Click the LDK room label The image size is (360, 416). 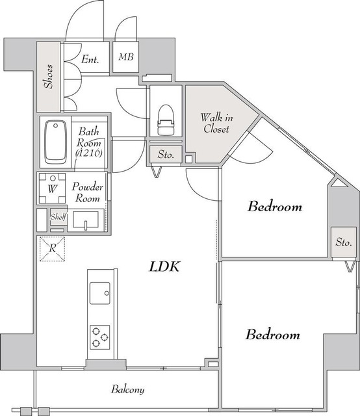(x=165, y=266)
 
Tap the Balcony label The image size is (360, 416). (x=128, y=389)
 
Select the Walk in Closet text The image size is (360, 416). (x=216, y=123)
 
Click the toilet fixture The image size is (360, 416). (x=166, y=120)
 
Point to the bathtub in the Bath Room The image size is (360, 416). (x=55, y=142)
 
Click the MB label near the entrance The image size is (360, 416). (x=126, y=57)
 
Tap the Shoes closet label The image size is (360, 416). (x=49, y=77)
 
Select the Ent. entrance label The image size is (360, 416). (x=90, y=59)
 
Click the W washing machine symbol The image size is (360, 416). (x=52, y=188)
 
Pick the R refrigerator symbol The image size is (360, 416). (x=53, y=248)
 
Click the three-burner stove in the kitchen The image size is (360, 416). (x=100, y=337)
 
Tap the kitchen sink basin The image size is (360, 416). (x=100, y=293)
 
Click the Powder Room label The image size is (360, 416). (x=87, y=192)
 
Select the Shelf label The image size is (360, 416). (x=58, y=216)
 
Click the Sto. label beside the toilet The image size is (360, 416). (x=166, y=154)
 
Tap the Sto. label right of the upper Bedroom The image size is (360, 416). (x=344, y=242)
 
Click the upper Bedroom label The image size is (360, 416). (x=275, y=206)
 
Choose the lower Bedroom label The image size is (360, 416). (x=273, y=334)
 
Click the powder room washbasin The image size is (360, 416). (x=86, y=220)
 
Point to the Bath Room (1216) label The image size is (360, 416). (x=89, y=142)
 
